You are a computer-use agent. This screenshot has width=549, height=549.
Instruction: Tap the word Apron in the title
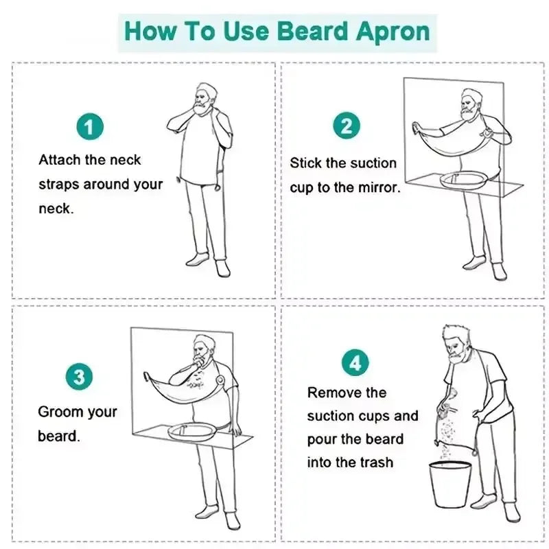tap(397, 32)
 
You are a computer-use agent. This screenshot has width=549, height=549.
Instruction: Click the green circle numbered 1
tap(89, 128)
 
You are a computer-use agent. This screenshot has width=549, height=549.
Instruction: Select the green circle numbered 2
tap(347, 126)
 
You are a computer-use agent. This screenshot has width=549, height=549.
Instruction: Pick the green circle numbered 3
tap(80, 377)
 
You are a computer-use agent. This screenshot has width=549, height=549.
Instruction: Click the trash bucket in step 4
tap(450, 483)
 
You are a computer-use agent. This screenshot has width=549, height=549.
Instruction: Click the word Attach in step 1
tap(60, 160)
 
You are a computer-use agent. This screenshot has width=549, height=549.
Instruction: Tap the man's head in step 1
tap(204, 95)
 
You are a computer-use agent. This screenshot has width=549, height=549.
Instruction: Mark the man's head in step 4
tap(455, 342)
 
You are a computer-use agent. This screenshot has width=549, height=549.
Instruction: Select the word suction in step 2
tap(373, 163)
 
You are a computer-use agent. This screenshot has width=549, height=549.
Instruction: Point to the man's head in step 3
tap(202, 349)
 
